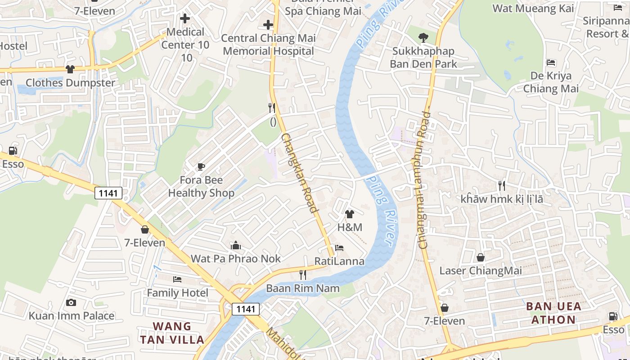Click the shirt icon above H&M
[350, 214]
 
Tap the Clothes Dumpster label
[70, 83]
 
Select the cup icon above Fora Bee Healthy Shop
[201, 167]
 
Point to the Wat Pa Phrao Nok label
[236, 258]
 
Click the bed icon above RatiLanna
[339, 248]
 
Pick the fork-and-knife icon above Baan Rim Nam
[303, 274]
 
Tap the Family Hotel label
[178, 293]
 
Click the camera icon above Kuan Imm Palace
[71, 302]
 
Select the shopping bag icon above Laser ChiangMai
[481, 257]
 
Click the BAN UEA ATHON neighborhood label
[553, 313]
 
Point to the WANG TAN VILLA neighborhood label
[172, 333]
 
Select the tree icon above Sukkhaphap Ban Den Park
[423, 38]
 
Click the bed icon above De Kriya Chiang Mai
[551, 63]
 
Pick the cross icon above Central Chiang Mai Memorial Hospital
[268, 25]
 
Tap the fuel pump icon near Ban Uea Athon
[613, 316]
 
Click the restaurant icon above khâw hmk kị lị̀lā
[502, 185]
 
